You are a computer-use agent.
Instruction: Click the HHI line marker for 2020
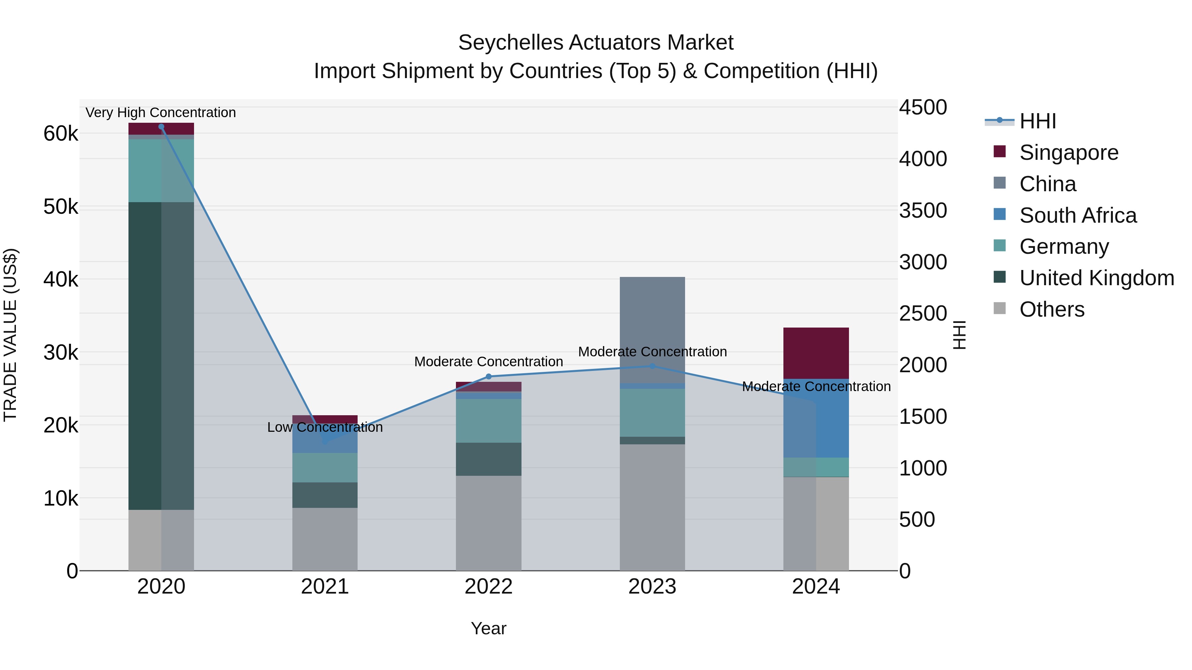(161, 127)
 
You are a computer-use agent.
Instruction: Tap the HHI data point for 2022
(489, 377)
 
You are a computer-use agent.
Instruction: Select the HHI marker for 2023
(652, 366)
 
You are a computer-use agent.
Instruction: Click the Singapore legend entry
(1069, 153)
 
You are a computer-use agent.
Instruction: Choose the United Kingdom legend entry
(1097, 278)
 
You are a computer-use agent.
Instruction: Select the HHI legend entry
(1038, 121)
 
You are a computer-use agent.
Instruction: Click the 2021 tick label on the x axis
(325, 587)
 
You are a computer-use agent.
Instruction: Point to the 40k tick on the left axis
(61, 280)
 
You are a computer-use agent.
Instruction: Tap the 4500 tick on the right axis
(923, 108)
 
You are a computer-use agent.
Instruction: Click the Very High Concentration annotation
(161, 113)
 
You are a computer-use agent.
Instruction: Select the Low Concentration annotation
(325, 427)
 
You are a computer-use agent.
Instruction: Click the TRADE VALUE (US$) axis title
(11, 335)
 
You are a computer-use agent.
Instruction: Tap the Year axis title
(489, 628)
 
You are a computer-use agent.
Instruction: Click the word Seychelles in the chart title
(510, 43)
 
